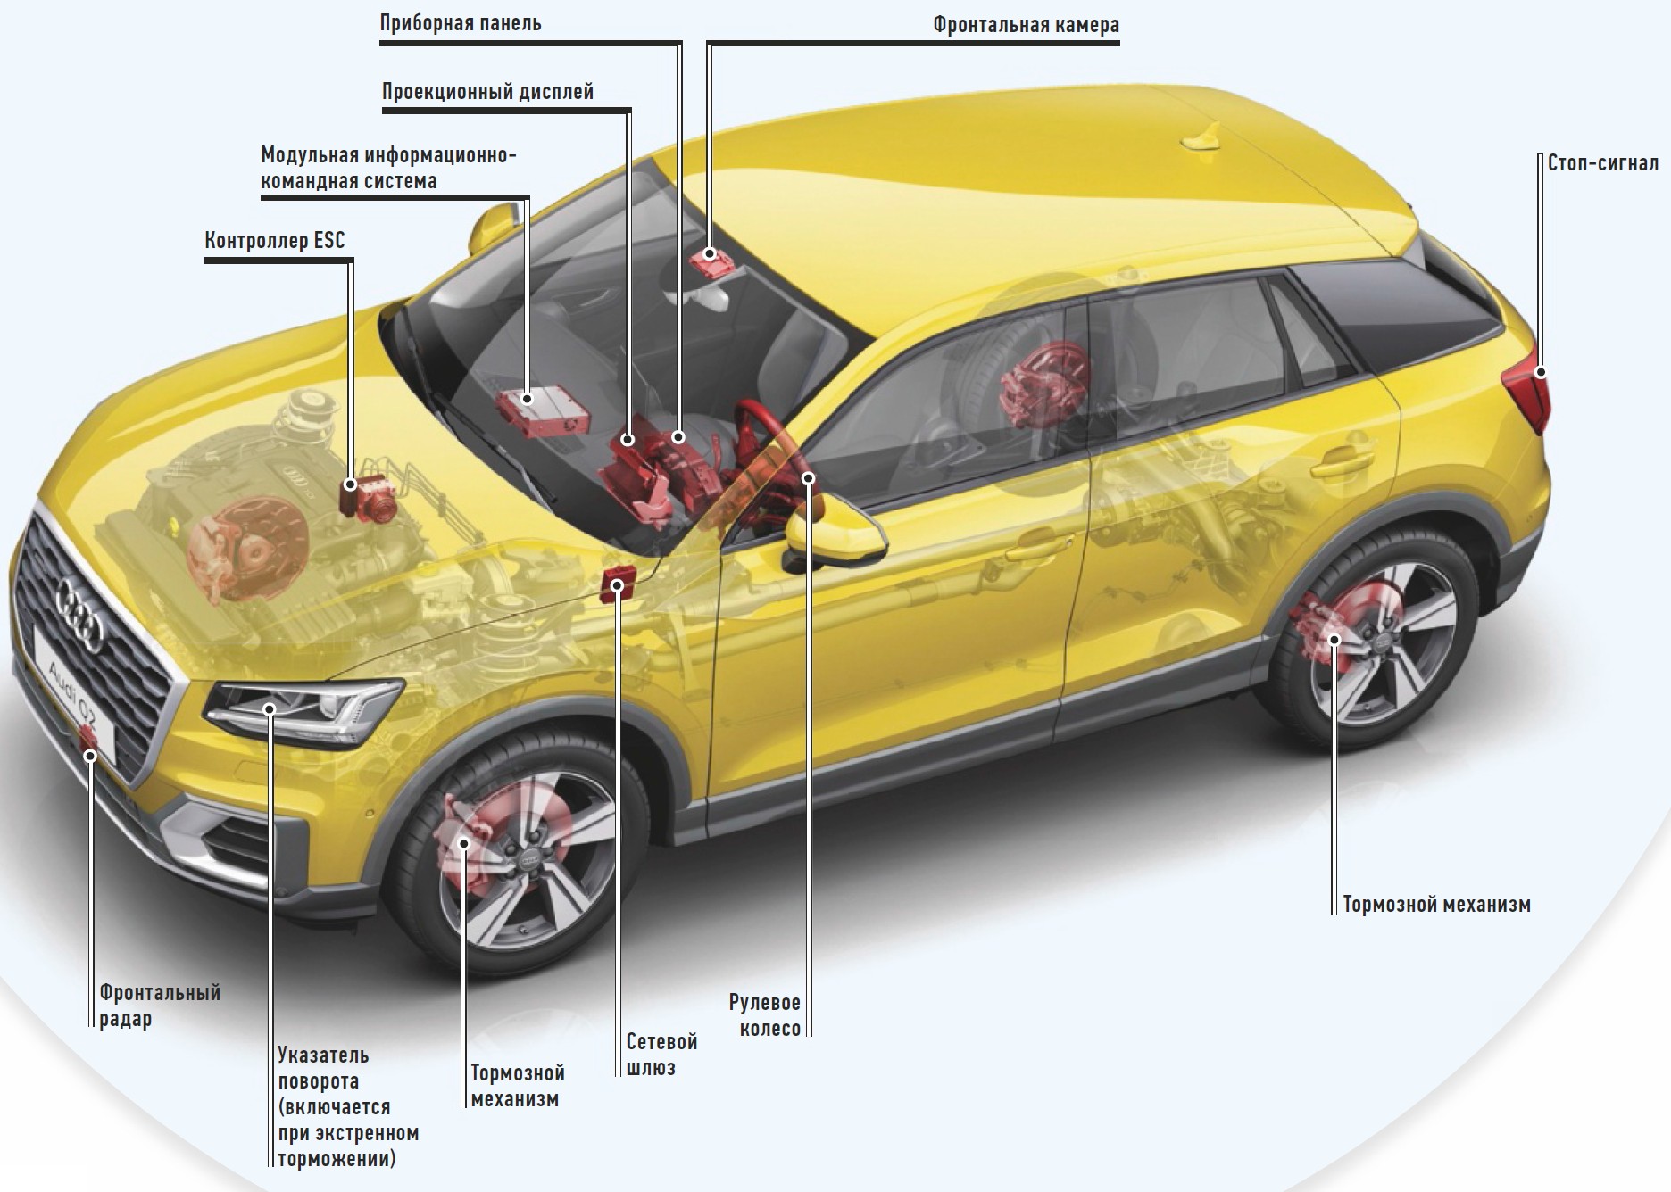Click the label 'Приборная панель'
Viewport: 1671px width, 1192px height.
click(x=461, y=23)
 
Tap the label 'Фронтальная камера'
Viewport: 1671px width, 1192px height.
click(x=1026, y=25)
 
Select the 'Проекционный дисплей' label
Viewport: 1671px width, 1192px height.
click(x=487, y=92)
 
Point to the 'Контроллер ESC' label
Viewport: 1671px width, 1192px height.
click(x=274, y=241)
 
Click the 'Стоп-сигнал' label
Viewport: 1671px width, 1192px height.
click(x=1602, y=164)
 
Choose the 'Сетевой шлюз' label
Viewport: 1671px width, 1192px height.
click(x=661, y=1055)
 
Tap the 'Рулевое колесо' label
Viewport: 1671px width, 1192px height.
click(x=765, y=1015)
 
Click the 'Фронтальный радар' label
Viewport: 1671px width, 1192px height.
click(x=159, y=1006)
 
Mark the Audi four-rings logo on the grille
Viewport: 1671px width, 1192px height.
click(x=80, y=612)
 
